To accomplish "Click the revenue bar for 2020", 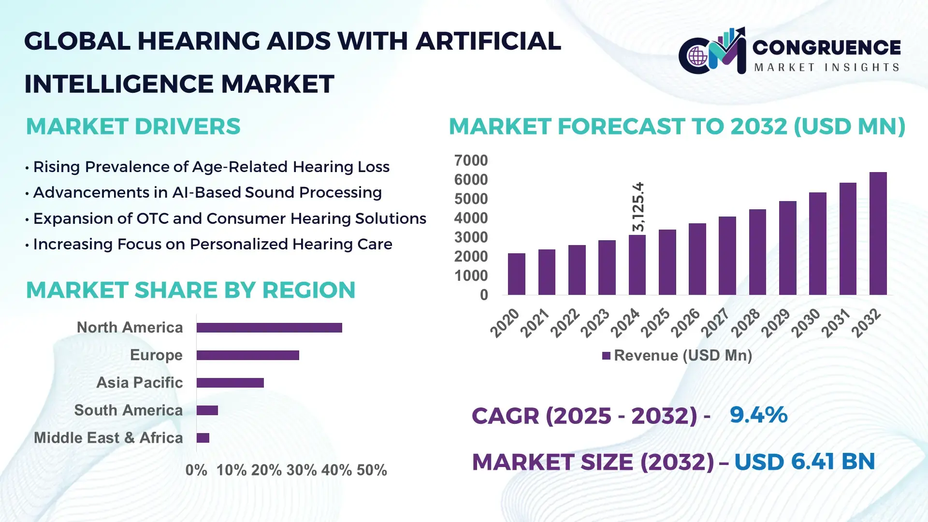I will [516, 274].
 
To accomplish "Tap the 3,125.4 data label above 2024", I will [638, 206].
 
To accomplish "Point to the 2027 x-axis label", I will [715, 323].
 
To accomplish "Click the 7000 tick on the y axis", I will [471, 160].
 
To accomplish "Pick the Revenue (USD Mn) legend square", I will [606, 356].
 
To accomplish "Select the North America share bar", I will [269, 328].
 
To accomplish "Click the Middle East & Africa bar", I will [203, 438].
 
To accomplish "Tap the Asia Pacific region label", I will [139, 383].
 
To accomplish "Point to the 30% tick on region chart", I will [301, 470].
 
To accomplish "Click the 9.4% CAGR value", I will [758, 415].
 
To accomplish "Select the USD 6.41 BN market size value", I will [804, 462].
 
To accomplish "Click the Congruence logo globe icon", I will [697, 57].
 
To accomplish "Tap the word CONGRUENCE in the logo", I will [826, 47].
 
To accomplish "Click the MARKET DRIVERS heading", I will [133, 127].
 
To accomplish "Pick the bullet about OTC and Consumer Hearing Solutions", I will [229, 218].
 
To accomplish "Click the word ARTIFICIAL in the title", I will [488, 41].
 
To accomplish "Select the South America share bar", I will [207, 410].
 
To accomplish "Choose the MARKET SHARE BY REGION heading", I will [190, 290].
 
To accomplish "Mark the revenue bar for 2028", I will [757, 252].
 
